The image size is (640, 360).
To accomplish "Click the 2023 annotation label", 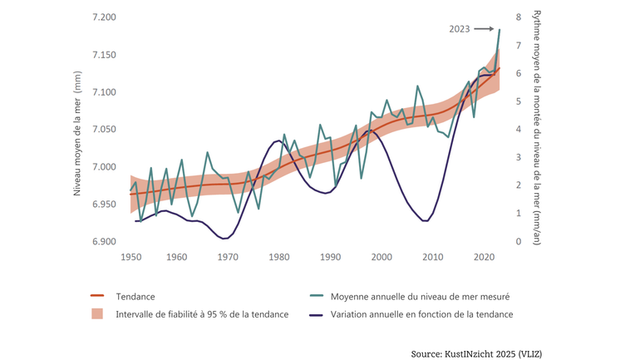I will [x=460, y=29].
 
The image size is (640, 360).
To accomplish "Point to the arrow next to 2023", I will [x=484, y=29].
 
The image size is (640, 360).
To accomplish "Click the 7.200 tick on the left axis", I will [x=104, y=17].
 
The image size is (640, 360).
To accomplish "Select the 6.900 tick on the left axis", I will [x=104, y=242].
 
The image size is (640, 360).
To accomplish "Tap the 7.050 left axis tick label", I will [x=104, y=130].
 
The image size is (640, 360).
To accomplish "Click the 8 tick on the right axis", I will [x=518, y=17].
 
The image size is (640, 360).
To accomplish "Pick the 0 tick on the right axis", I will [x=518, y=242].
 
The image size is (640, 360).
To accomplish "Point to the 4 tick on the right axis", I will [x=518, y=130].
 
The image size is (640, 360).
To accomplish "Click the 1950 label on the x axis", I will [x=130, y=257].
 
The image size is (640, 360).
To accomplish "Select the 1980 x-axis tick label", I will [x=278, y=257].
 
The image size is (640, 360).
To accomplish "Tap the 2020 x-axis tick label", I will [x=484, y=257].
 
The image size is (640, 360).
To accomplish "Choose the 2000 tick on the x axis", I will [x=382, y=257].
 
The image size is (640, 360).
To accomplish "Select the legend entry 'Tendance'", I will [x=135, y=296].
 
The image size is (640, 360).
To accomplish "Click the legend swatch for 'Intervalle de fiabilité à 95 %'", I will [x=97, y=314].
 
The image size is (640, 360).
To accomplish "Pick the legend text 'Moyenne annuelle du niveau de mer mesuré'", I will [x=420, y=296].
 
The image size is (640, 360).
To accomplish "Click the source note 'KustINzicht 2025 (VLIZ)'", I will [x=476, y=354].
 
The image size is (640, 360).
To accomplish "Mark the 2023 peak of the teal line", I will [x=500, y=30].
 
